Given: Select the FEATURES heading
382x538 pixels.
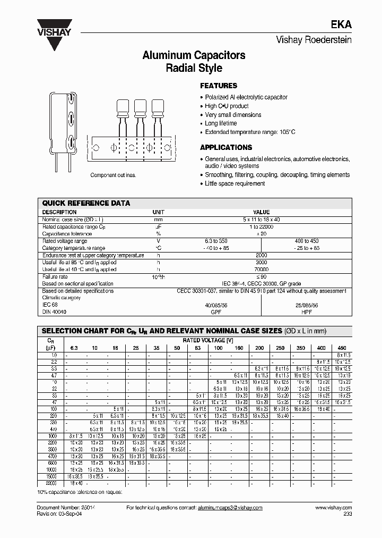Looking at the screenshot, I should point(218,86).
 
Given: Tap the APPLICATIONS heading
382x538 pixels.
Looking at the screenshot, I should point(225,147).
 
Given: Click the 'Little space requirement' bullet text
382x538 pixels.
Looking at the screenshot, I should point(235,183).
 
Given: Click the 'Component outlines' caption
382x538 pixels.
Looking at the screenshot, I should point(113,175).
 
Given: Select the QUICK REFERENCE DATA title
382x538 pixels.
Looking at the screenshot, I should point(86,203).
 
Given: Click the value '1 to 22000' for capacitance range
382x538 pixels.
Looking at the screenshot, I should point(262,226).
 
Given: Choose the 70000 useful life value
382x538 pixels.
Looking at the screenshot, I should point(262,270).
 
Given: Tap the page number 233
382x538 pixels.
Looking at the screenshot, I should point(347,515).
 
